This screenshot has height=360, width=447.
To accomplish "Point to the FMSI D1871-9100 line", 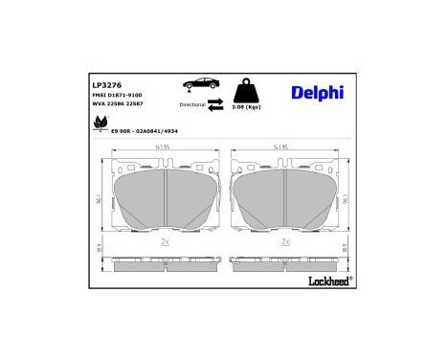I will pyautogui.click(x=91, y=95).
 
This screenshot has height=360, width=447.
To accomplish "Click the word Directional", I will pyautogui.click(x=192, y=104).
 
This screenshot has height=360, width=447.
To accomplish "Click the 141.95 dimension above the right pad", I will pyautogui.click(x=280, y=146).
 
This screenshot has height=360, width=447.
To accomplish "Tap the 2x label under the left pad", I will pyautogui.click(x=165, y=242).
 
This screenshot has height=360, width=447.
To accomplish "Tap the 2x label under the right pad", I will pyautogui.click(x=285, y=242).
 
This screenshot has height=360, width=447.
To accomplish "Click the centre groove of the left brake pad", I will pyautogui.click(x=165, y=198).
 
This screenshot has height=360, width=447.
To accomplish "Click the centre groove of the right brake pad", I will pyautogui.click(x=285, y=198).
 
